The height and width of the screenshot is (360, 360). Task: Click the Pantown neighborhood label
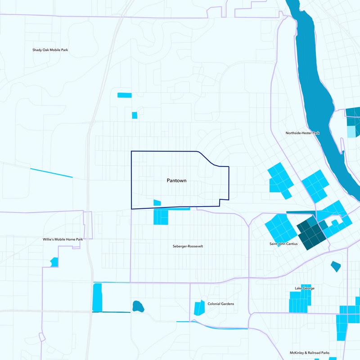click(x=176, y=180)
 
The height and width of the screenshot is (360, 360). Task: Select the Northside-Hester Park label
click(x=302, y=133)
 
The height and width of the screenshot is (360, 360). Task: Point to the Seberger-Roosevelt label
click(x=188, y=246)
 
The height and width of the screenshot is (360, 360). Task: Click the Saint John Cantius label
click(x=282, y=244)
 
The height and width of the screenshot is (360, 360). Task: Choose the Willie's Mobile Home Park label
click(x=63, y=239)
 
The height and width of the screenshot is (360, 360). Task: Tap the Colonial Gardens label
click(x=220, y=304)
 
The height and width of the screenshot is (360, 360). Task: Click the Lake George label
click(x=305, y=288)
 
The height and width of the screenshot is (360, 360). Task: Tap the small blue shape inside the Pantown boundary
click(x=157, y=203)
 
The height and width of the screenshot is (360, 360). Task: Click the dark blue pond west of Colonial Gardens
click(x=138, y=307)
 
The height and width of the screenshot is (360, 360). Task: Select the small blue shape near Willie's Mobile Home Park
click(x=54, y=262)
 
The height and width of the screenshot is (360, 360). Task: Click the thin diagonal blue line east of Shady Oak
click(x=51, y=173)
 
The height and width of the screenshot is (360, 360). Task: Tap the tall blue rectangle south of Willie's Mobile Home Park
click(x=97, y=297)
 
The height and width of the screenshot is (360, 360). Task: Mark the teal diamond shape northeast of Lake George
click(x=336, y=266)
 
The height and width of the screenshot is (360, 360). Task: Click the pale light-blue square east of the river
click(x=350, y=131)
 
